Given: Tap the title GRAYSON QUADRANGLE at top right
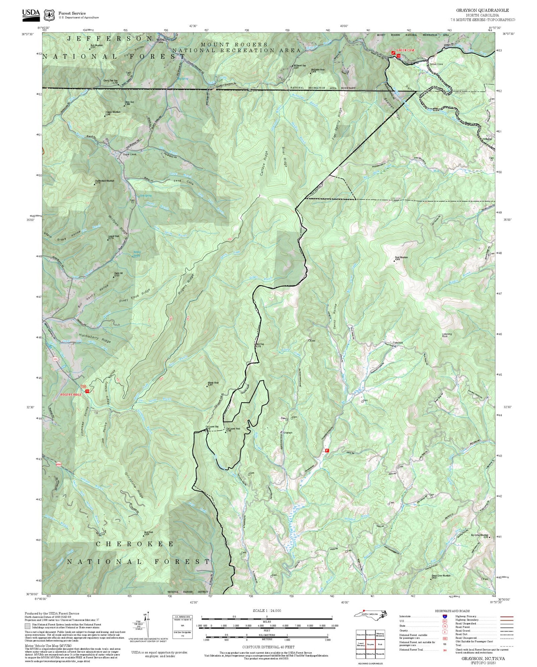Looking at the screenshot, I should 482,10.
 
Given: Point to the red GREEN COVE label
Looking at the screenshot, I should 405,50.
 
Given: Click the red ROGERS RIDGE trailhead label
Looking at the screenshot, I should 71,394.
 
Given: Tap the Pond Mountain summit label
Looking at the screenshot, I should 401,257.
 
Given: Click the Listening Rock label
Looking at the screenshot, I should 447,335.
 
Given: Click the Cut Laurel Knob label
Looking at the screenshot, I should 233,429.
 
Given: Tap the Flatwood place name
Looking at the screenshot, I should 398,342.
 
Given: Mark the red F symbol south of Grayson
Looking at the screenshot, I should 327,450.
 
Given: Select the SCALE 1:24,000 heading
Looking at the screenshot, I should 266,610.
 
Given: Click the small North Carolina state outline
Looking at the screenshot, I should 370,613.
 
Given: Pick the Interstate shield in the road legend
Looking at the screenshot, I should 445,616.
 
